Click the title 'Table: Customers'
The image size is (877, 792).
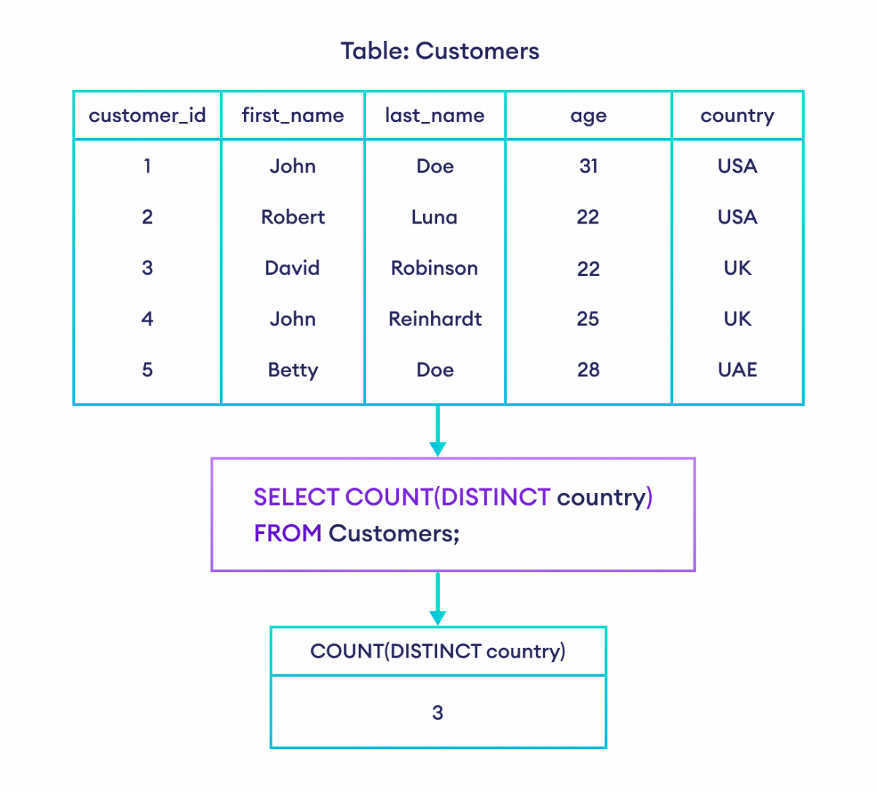pos(439,51)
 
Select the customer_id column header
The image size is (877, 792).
pos(147,115)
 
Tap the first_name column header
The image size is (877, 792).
pos(292,115)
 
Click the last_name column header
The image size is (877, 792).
pos(435,115)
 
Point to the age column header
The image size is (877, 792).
pos(588,116)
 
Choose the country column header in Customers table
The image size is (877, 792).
pos(737,116)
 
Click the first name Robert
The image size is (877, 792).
pos(292,217)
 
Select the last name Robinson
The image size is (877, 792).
pos(435,268)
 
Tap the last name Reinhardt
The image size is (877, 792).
pos(435,319)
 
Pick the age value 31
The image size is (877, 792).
pos(588,167)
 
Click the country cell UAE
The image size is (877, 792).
pos(737,370)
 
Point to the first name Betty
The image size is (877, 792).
pos(292,370)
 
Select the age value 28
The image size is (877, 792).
pos(588,370)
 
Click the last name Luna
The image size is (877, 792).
pos(435,217)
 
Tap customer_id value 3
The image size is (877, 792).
pos(147,268)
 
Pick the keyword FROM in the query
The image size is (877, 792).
pos(287,533)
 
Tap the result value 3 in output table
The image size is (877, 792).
pos(437,712)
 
